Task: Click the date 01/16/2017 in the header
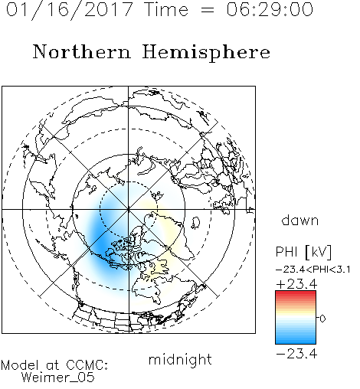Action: [69, 9]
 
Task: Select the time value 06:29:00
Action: [270, 9]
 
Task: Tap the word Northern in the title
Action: [82, 51]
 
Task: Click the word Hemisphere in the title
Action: [206, 52]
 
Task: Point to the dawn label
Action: [300, 220]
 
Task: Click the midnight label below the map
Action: [180, 360]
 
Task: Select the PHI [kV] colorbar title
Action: [303, 252]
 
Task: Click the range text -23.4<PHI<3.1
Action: [313, 270]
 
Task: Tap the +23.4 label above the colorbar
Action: [296, 284]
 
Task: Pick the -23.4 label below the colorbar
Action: [296, 354]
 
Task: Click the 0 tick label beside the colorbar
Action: [322, 319]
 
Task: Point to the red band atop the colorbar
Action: [296, 294]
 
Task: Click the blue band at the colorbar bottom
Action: [296, 340]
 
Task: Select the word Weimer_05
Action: [57, 378]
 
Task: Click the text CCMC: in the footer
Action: [87, 365]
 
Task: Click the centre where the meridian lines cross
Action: [129, 209]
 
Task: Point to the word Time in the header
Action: [166, 9]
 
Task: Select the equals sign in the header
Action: [208, 10]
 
